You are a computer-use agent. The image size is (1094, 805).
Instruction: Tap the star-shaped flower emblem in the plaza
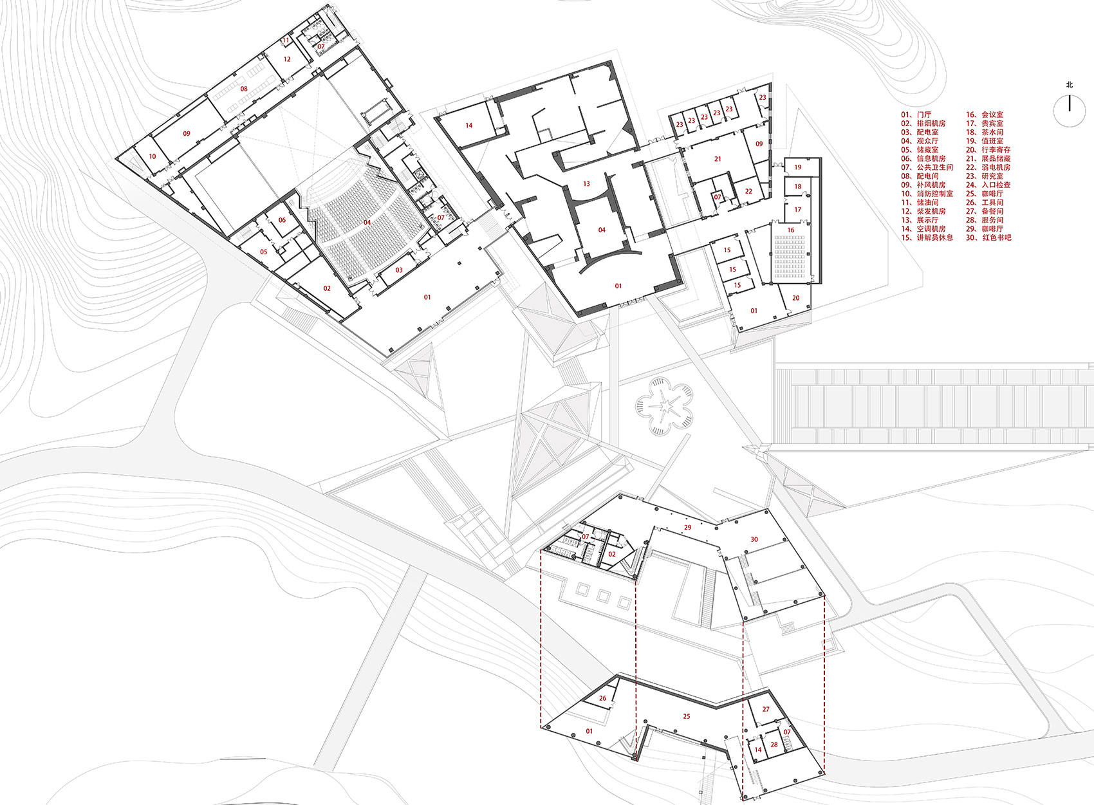pos(663,406)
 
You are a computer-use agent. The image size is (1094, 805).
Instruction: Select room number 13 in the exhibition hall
pos(586,184)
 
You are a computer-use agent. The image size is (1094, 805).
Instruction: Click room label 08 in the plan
pos(244,89)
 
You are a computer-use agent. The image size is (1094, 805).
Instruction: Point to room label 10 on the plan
pos(153,157)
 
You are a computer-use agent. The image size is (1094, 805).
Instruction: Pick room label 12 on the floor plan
pos(286,59)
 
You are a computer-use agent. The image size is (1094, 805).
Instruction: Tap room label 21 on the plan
pos(718,159)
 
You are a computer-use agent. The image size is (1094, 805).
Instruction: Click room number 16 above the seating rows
pos(791,230)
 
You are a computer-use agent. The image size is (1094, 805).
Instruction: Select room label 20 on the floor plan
pos(795,298)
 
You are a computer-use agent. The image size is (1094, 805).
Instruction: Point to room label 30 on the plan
pos(754,539)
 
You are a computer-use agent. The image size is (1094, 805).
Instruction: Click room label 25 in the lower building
pos(686,717)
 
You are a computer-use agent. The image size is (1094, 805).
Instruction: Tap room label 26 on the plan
pos(602,699)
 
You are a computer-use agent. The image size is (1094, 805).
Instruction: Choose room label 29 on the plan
pos(688,528)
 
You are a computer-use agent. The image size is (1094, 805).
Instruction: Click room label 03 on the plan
pos(399,270)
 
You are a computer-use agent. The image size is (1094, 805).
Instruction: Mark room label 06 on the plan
pos(282,220)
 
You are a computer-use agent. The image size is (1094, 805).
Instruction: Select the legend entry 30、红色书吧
pos(988,238)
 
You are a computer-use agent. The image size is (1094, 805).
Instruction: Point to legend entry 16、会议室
pos(985,115)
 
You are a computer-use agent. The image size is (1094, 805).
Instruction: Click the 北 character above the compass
pos(1070,85)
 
